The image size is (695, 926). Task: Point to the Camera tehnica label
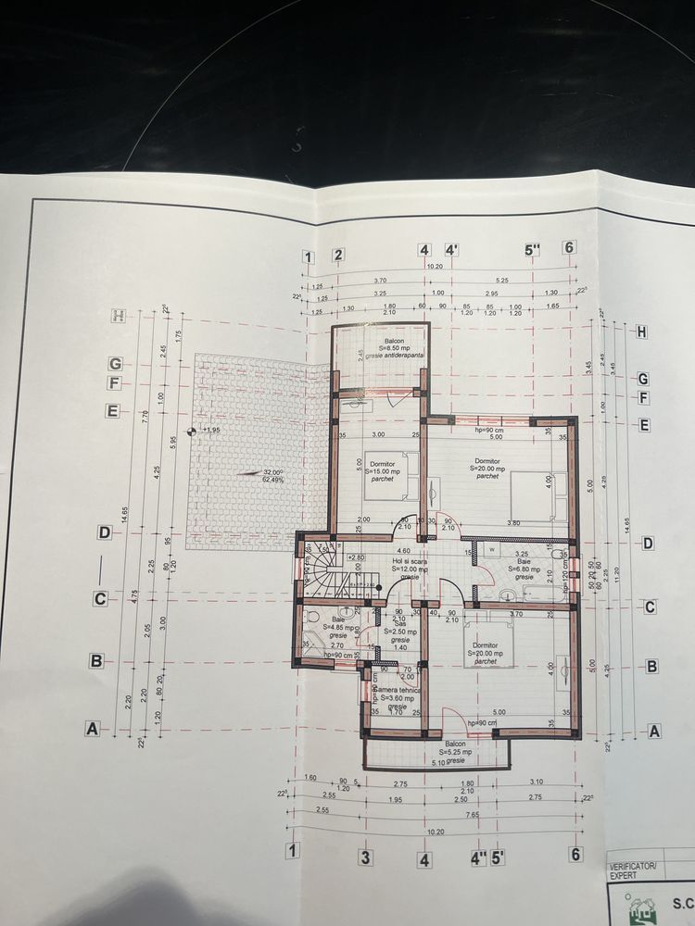point(398,696)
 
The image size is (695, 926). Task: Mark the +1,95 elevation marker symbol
point(191,431)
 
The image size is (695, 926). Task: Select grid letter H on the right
point(641,332)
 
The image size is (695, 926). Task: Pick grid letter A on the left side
point(91,729)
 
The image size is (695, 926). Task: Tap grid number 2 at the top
point(338,256)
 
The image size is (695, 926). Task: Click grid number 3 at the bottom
point(365,857)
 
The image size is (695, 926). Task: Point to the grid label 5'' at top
point(531,248)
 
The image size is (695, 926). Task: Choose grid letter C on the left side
point(99,599)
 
